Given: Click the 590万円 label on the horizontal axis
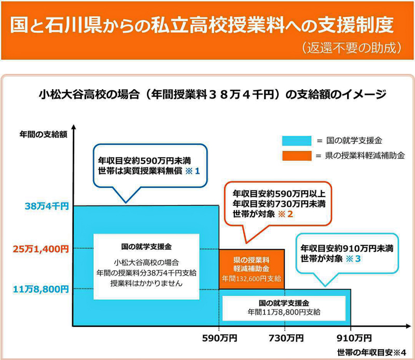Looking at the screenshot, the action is [x=219, y=338].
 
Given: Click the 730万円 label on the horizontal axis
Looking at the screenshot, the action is [x=286, y=338].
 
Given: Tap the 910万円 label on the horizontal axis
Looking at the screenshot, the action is [x=354, y=338].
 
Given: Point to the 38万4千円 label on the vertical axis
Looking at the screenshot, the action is [x=47, y=206].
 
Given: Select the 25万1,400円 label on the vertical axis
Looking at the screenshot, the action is [x=41, y=249].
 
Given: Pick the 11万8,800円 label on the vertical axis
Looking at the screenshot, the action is [x=41, y=289].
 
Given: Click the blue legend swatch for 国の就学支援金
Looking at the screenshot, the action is [x=296, y=141].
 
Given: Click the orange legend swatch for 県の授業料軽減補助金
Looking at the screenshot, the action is [x=296, y=156].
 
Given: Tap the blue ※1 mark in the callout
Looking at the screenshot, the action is [x=192, y=171].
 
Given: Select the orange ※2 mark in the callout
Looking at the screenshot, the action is [x=285, y=214].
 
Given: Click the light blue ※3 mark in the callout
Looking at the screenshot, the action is [x=353, y=259].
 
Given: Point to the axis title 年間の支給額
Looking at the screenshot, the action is [x=44, y=134].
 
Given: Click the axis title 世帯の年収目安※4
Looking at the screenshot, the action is [x=371, y=353].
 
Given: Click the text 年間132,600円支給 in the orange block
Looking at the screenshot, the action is [x=252, y=279].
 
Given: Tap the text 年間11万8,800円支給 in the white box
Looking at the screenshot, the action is [x=284, y=312].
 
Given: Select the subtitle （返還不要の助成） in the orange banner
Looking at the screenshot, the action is [x=352, y=48].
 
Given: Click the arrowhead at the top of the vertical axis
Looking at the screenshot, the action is [x=74, y=127].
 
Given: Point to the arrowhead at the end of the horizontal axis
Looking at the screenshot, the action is [x=408, y=326].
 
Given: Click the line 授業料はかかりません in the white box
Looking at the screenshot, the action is [x=146, y=283].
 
